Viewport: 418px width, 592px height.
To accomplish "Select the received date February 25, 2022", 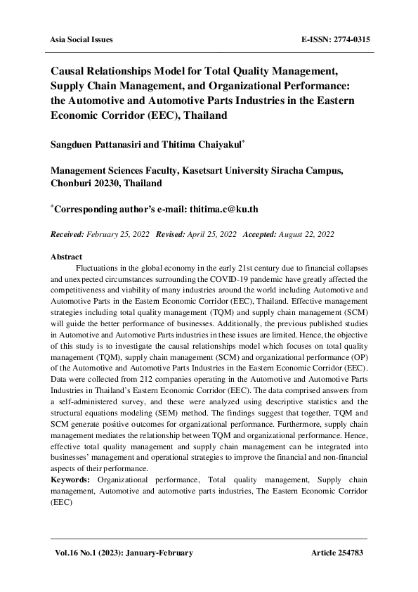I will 119,233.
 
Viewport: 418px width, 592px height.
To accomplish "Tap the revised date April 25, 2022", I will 211,233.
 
